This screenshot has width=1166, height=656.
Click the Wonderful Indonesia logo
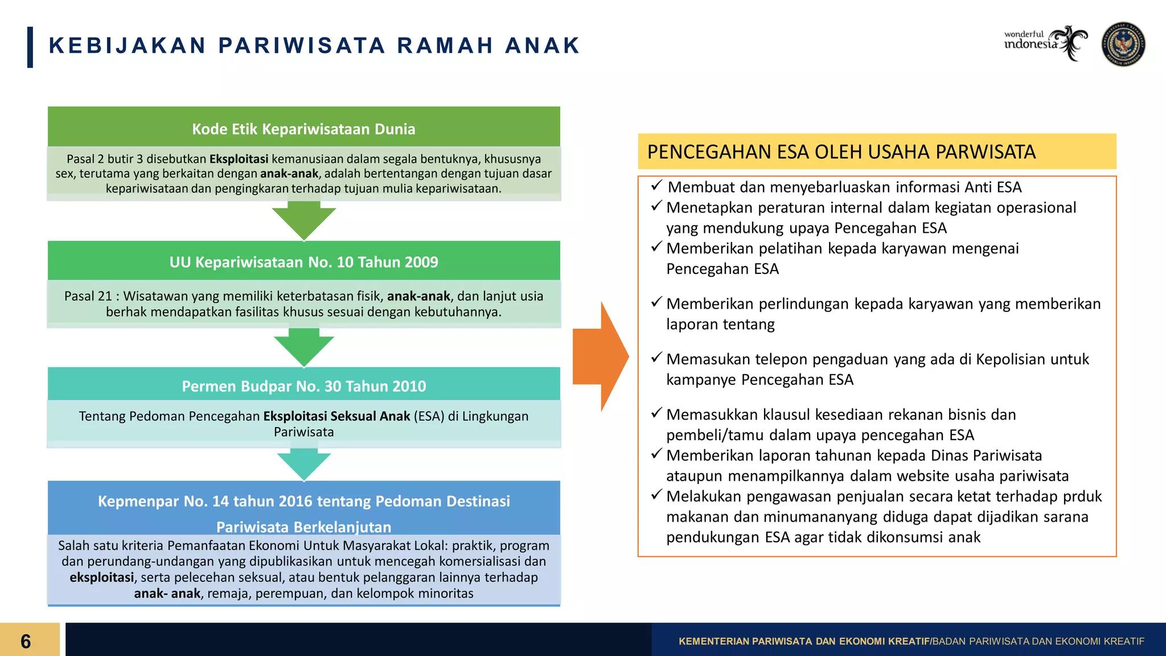[x=1045, y=43]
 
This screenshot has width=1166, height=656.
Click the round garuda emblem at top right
[x=1123, y=44]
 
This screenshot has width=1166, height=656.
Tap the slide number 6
[x=26, y=641]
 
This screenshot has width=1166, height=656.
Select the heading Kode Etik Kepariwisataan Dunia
[x=303, y=129]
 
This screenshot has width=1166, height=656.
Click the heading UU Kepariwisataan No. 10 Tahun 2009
[x=303, y=262]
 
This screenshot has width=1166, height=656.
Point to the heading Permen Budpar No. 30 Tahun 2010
[x=303, y=386]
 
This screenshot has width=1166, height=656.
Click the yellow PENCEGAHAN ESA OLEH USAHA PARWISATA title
[x=841, y=152]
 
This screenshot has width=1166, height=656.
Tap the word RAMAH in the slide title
[x=445, y=46]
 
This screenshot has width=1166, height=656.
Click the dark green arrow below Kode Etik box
[x=303, y=222]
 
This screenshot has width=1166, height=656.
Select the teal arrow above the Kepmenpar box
[x=303, y=464]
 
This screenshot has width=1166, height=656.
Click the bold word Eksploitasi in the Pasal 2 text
[x=239, y=159]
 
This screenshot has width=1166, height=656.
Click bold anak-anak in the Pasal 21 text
[x=418, y=296]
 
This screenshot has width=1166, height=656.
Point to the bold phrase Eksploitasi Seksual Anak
[x=336, y=416]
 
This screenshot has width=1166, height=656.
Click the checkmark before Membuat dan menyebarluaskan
[x=656, y=186]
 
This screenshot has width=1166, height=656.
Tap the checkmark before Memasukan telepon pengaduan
[x=656, y=358]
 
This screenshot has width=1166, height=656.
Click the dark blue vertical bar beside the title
[x=30, y=47]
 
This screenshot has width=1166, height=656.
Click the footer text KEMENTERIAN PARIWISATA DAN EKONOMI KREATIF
[x=803, y=641]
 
